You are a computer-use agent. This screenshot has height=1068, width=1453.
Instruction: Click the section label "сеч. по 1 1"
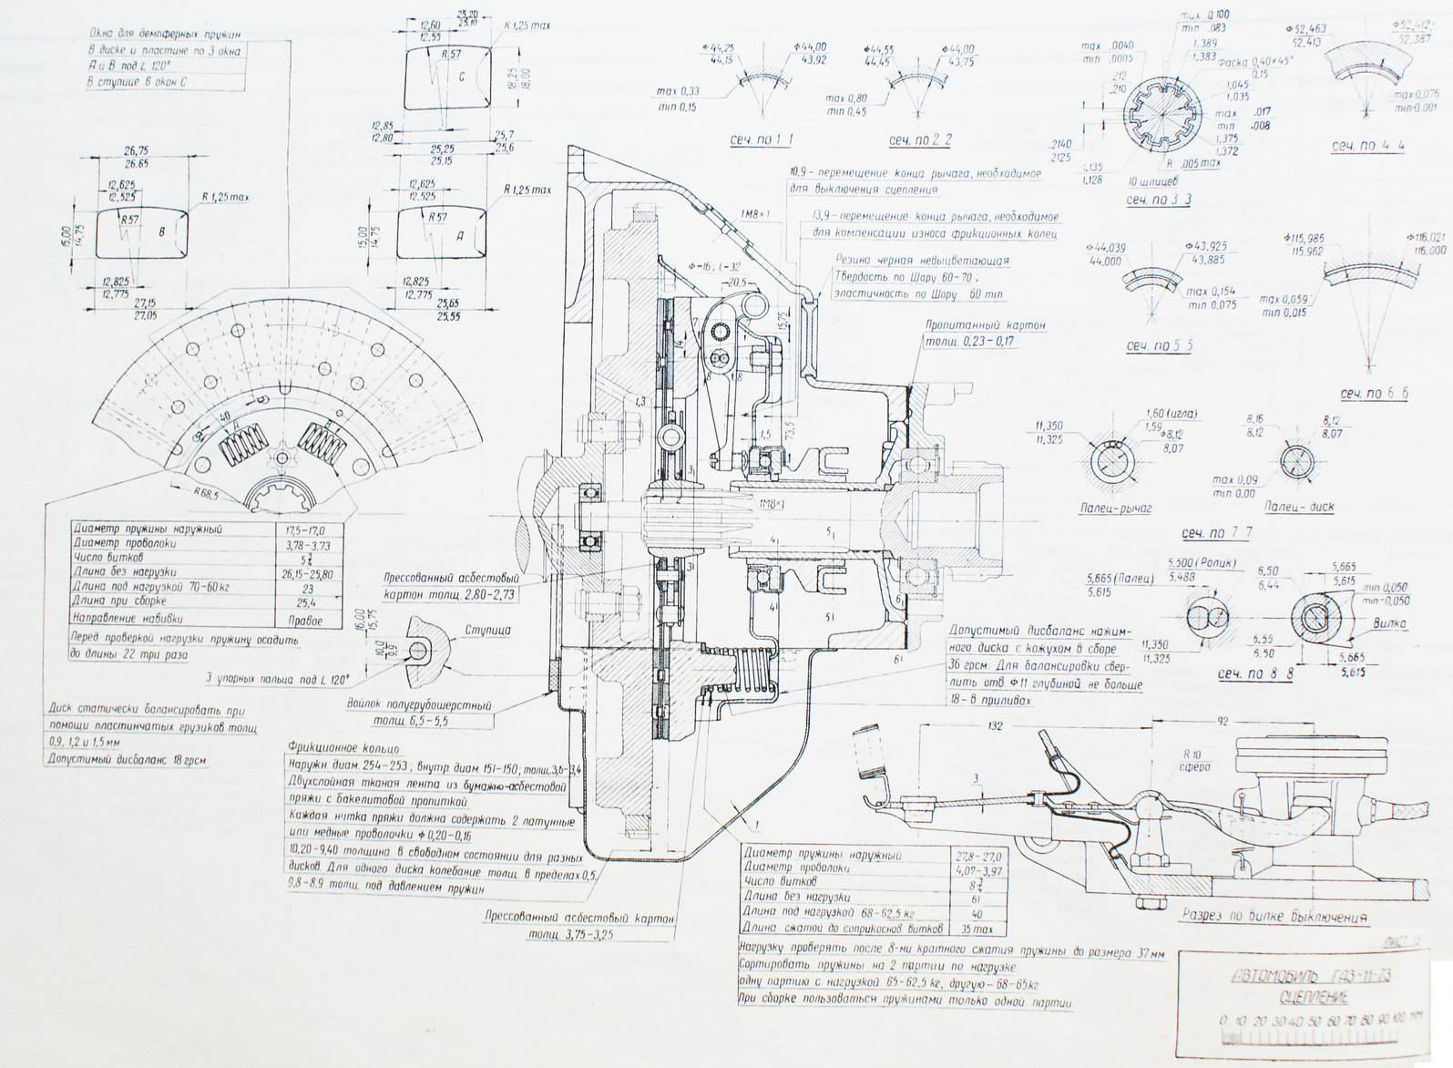click(761, 139)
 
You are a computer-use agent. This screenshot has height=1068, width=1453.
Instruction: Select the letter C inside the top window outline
click(461, 77)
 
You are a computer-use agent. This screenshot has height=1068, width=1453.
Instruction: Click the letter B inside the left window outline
click(162, 232)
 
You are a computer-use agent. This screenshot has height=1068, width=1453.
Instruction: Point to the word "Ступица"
click(487, 630)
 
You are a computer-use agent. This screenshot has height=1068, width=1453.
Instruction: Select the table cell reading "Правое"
click(303, 621)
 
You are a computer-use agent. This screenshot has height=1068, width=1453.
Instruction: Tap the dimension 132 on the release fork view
click(994, 726)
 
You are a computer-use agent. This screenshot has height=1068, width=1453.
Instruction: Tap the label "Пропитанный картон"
click(985, 325)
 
